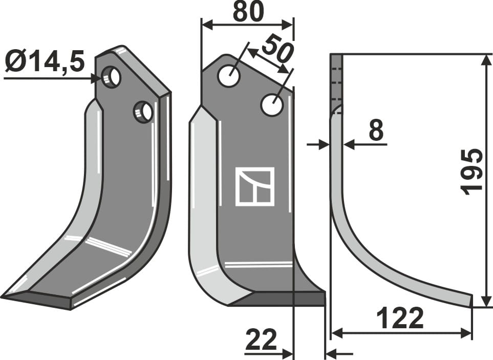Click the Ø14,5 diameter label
45,63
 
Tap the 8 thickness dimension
376,132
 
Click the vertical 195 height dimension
471,172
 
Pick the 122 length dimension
400,319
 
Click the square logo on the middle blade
254,186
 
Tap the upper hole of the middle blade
229,76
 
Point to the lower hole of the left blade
143,112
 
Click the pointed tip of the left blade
4,296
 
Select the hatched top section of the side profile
336,82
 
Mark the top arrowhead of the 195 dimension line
484,58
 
